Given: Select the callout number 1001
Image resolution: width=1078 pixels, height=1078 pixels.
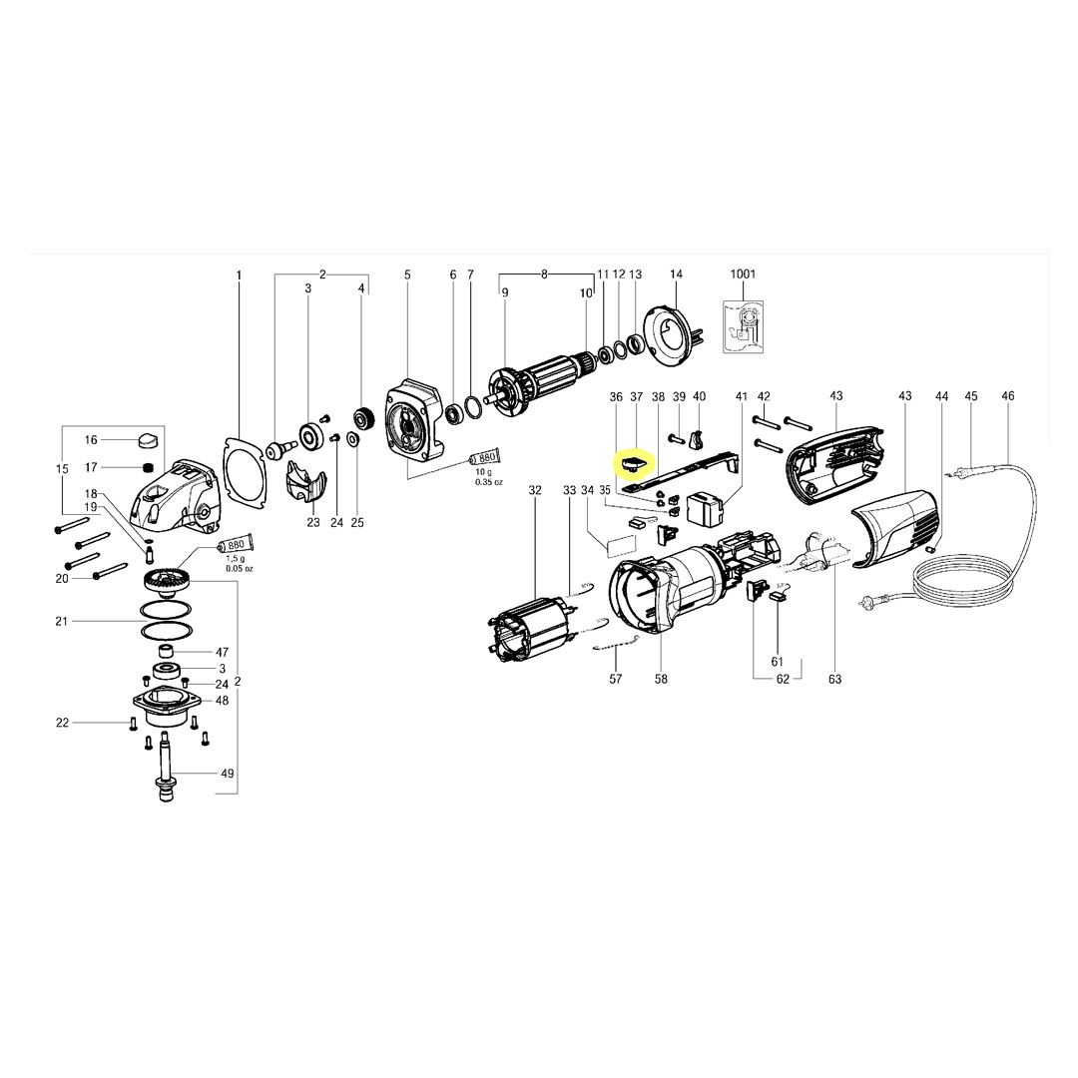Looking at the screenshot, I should [x=744, y=273].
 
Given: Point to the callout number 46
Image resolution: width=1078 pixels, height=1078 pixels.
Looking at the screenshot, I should [x=1008, y=396].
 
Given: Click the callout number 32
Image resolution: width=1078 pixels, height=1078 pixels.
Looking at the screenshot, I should [x=535, y=490].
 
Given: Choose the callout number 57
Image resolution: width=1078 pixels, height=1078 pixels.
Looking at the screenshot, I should [x=616, y=680].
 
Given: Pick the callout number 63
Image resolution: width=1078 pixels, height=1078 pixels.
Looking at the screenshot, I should [x=834, y=680].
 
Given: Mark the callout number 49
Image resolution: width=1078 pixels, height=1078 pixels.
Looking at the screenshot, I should [x=227, y=774].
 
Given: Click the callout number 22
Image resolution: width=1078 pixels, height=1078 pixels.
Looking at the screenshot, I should [x=62, y=722].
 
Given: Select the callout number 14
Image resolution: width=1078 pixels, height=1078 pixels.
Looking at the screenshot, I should [x=676, y=273].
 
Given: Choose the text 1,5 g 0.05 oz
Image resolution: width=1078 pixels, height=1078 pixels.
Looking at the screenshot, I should [x=238, y=564].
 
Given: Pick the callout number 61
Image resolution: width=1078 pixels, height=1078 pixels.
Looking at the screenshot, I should [x=778, y=662].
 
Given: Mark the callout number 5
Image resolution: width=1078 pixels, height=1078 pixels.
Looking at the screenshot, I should [x=407, y=273].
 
